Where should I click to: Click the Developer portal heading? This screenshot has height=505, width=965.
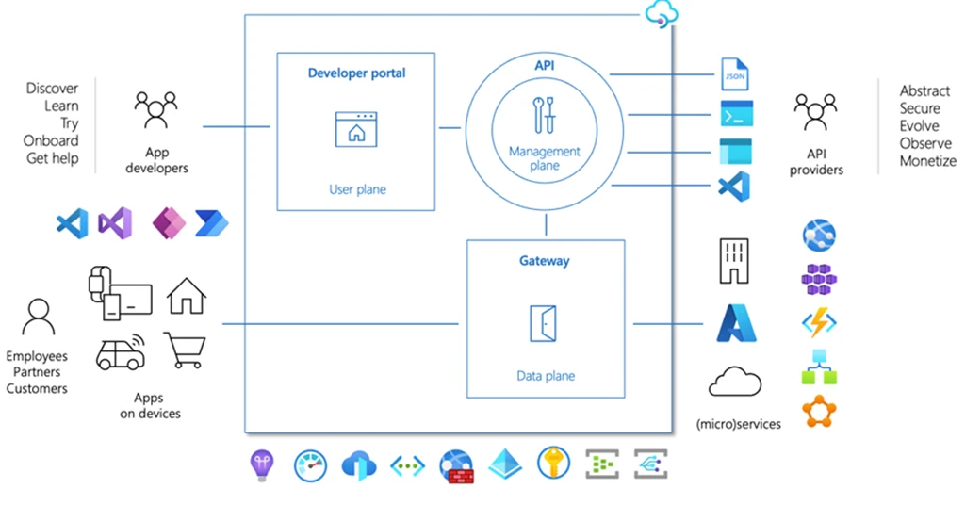356,73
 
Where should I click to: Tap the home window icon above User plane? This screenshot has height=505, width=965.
356,129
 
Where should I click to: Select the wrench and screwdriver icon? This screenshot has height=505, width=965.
544,115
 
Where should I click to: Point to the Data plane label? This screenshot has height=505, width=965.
546,376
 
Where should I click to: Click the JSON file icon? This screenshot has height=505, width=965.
734,73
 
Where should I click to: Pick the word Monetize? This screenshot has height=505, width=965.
927,161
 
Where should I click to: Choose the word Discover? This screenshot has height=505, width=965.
53,89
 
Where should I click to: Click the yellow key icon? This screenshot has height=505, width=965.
553,464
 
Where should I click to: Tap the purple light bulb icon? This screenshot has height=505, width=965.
261,464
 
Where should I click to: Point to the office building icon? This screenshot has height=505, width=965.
734,259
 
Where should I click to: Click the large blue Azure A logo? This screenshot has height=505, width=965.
736,323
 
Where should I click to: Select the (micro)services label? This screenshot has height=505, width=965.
739,424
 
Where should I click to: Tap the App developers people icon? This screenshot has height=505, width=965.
155,109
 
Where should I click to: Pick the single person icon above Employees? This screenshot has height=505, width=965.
38,318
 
